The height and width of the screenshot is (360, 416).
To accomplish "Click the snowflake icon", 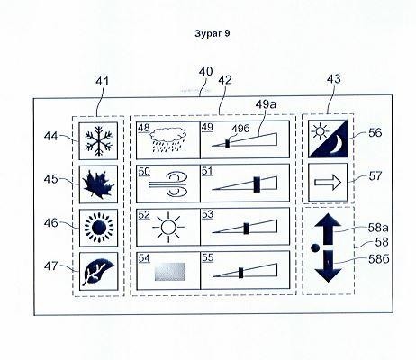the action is click(99, 140).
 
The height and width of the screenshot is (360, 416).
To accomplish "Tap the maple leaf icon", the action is click(98, 184).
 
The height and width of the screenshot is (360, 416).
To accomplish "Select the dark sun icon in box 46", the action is click(99, 228).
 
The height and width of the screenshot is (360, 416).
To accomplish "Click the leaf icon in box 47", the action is click(98, 272).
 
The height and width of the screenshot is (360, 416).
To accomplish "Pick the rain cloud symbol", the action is click(168, 139).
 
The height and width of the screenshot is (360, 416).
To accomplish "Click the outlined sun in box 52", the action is click(168, 227).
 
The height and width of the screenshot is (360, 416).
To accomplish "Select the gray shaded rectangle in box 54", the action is click(170, 272).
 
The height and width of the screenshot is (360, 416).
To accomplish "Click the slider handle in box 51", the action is click(257, 184).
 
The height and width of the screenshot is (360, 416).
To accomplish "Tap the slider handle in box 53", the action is click(246, 229).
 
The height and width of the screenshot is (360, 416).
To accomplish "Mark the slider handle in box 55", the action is click(240, 273).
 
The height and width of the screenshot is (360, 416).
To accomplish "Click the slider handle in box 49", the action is click(227, 143).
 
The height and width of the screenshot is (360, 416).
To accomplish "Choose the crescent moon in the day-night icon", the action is click(339, 145).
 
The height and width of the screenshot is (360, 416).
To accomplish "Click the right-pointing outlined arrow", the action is click(328, 183).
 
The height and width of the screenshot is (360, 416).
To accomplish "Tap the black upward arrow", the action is click(328, 229).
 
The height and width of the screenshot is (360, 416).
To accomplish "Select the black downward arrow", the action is click(328, 266).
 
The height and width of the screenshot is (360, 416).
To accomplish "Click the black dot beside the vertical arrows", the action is click(315, 247).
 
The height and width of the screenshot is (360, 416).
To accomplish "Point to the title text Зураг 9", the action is click(213, 33).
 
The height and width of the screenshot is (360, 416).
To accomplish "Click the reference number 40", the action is click(206, 72).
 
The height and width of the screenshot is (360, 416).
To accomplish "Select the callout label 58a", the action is click(378, 228).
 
